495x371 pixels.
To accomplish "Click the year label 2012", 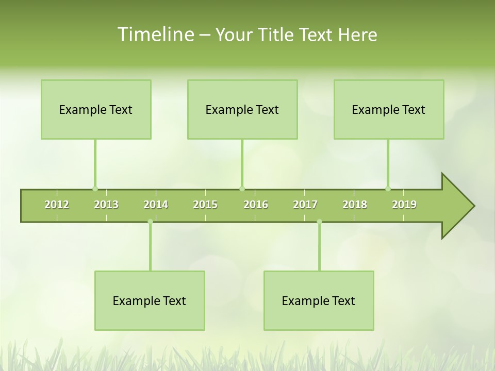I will (x=57, y=205).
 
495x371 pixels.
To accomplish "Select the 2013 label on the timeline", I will (x=106, y=205).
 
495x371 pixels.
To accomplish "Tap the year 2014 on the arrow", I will (x=156, y=205).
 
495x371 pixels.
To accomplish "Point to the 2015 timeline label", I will (x=205, y=205).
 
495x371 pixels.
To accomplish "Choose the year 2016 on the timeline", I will (x=256, y=205).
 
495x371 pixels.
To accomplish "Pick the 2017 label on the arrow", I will (x=305, y=205).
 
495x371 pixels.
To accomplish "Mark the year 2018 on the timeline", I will (x=355, y=205).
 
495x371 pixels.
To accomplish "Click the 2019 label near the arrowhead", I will (x=404, y=205).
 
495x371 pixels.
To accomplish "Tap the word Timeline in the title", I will (x=155, y=35).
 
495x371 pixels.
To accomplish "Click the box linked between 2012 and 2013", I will (x=96, y=109).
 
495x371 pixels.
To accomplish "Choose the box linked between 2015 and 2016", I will (x=242, y=109).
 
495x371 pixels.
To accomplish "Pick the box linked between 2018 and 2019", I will (x=389, y=109).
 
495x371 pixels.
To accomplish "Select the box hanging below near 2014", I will (x=150, y=300).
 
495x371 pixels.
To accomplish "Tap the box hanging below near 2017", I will (x=319, y=300).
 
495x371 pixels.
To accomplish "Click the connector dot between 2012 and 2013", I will (x=95, y=189).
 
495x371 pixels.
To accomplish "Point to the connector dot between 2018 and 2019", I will (x=388, y=189).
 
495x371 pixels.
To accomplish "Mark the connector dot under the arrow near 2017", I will (x=319, y=222).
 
